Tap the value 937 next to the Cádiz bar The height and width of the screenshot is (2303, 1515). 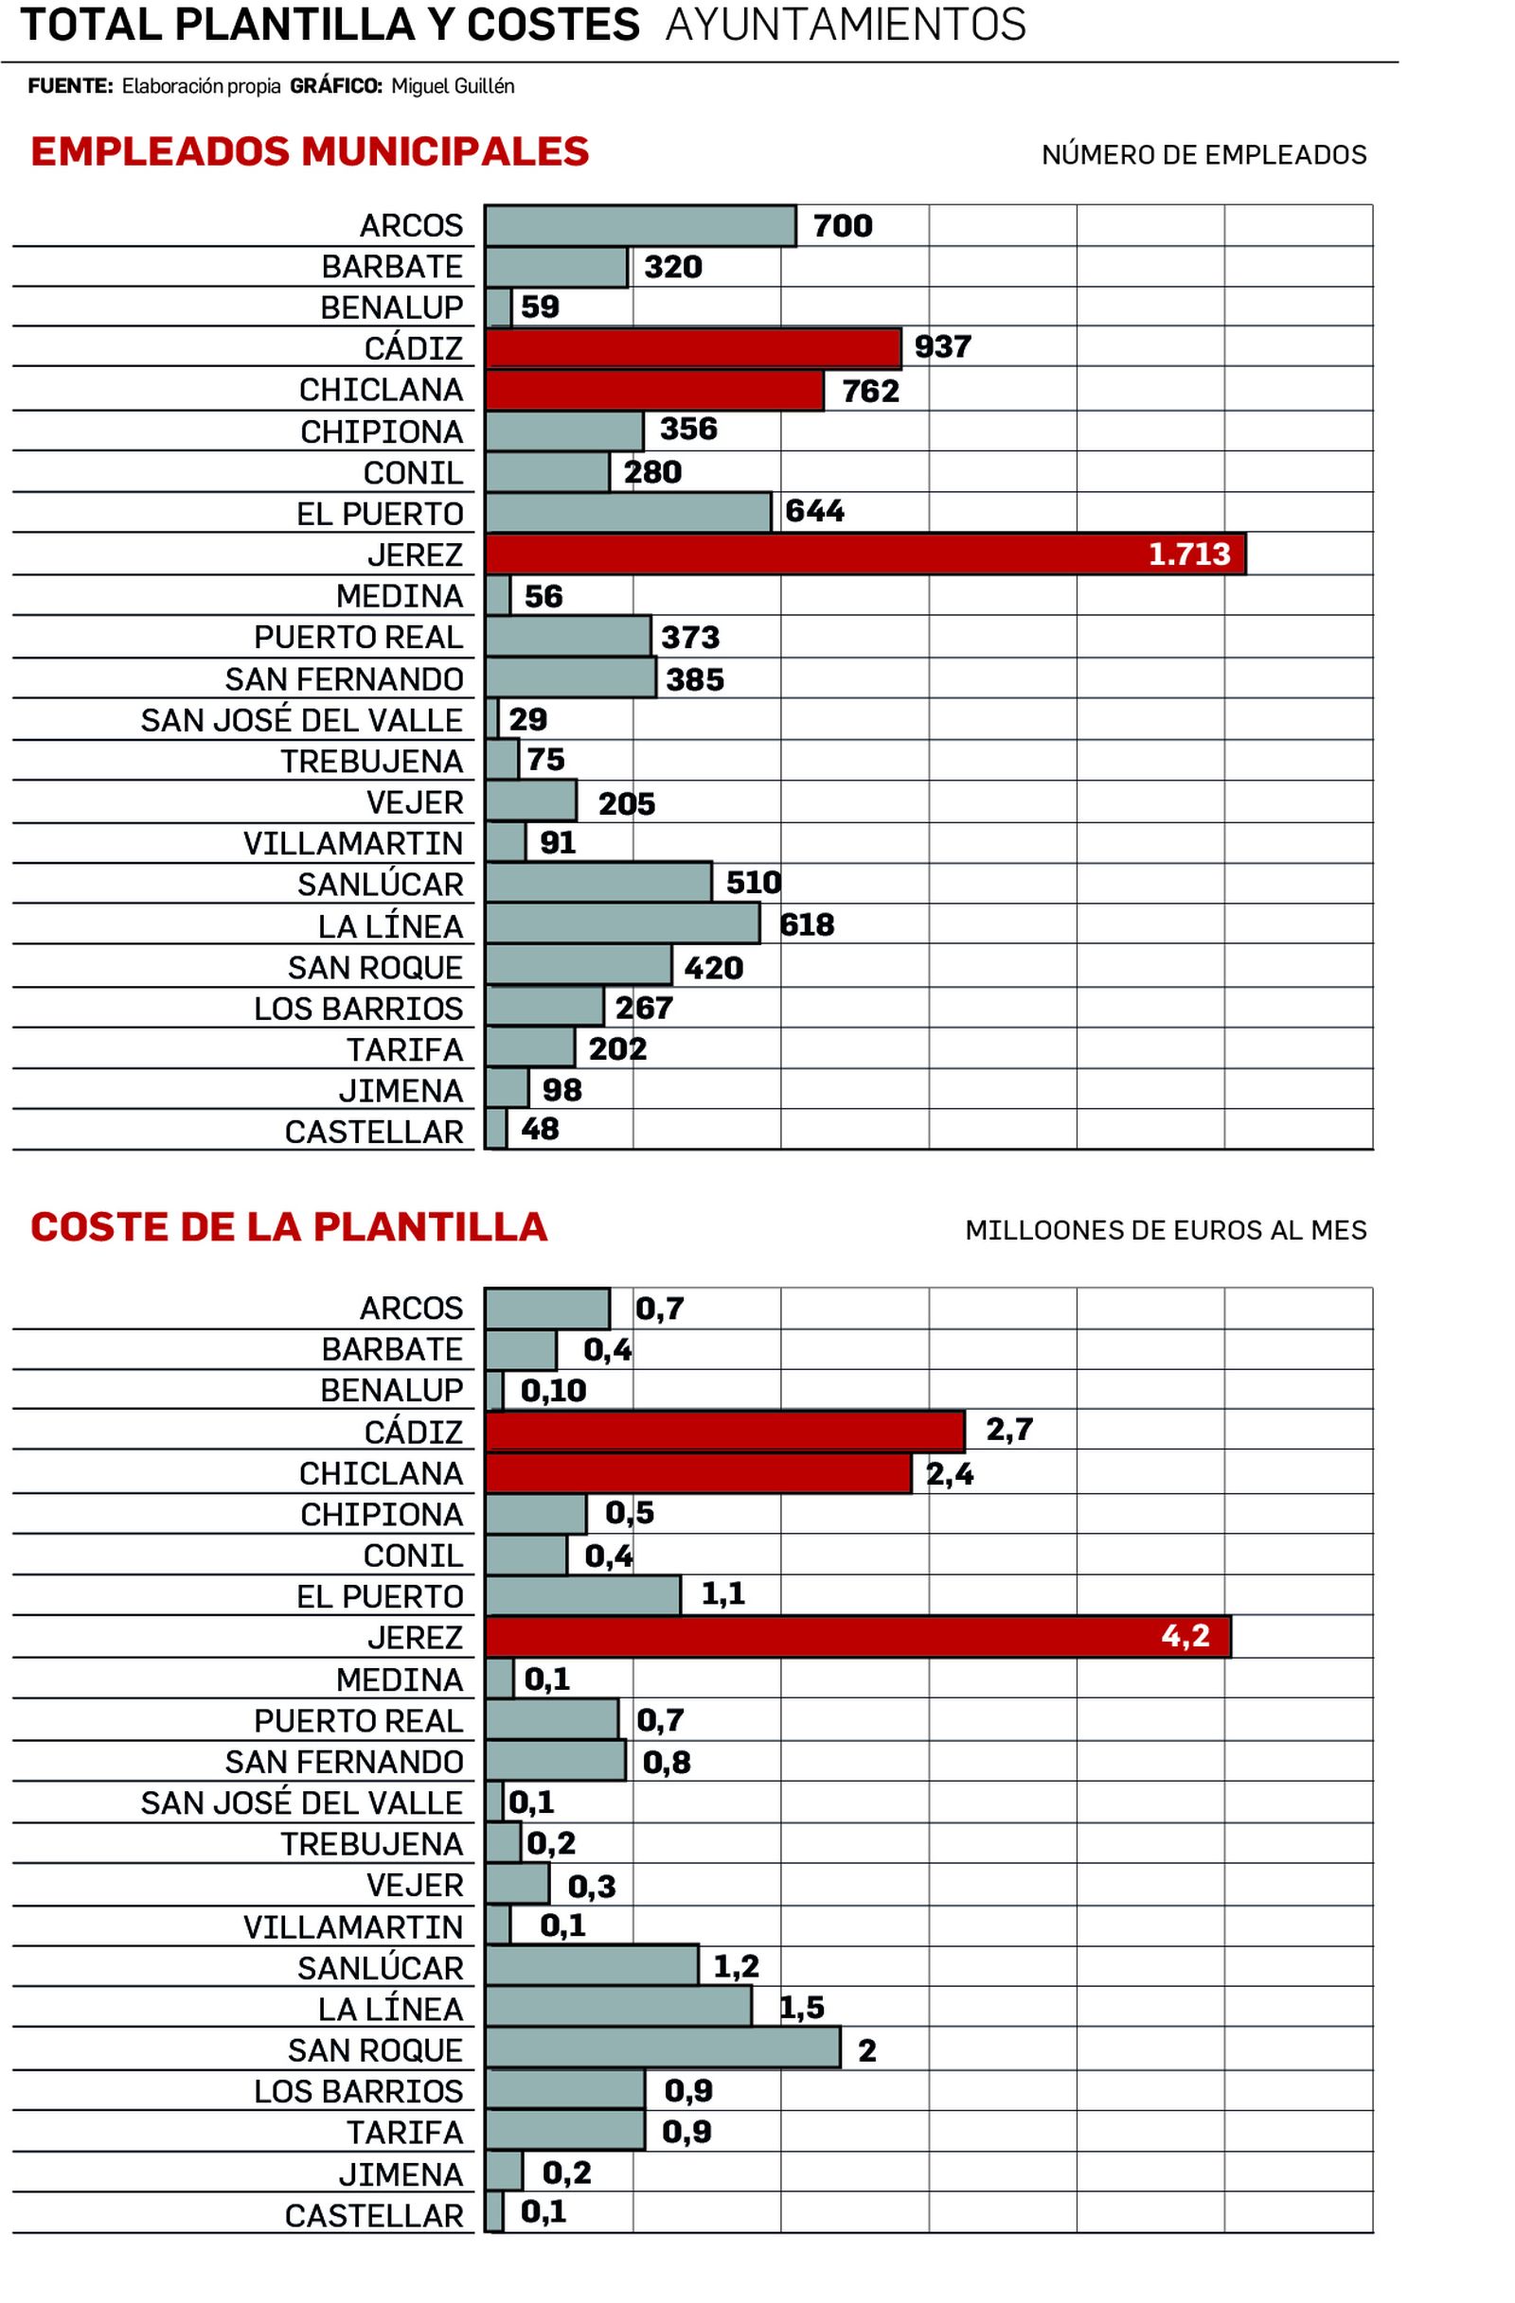point(942,346)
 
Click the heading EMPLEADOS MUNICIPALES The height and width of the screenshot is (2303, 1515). point(310,152)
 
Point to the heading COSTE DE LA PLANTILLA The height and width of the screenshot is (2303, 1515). point(289,1227)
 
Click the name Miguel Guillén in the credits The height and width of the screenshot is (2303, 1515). point(452,86)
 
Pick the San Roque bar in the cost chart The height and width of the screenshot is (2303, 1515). point(662,2048)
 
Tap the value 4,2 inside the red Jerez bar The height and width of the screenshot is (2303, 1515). point(1185,1636)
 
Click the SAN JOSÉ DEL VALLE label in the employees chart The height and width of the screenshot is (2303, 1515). point(301,720)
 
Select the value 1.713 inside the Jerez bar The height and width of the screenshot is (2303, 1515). point(1188,554)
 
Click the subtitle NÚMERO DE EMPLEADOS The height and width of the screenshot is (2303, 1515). point(1203,155)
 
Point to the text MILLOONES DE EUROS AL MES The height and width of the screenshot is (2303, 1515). point(1166,1230)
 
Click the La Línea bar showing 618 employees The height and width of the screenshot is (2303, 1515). point(621,924)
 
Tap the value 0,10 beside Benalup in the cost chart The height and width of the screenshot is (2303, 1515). point(553,1391)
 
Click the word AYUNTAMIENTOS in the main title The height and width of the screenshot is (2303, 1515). point(846,26)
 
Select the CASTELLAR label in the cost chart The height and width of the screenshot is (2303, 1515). point(374,2216)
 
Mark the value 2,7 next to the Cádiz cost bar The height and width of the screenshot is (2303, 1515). point(1008,1430)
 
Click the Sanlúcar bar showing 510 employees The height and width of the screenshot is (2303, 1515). point(597,883)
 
